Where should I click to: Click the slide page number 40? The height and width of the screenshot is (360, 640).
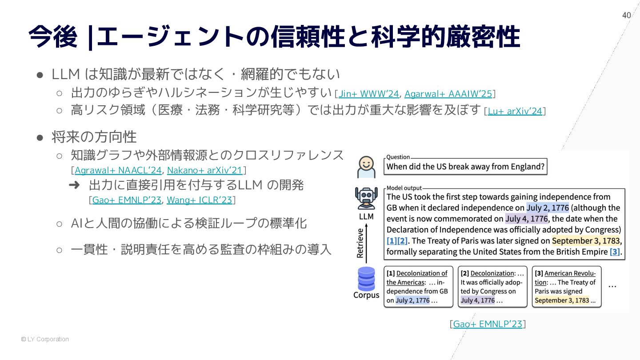pos(626,16)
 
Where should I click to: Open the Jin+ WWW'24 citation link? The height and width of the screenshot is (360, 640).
pos(368,94)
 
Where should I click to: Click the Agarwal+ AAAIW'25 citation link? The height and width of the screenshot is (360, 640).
pos(448,94)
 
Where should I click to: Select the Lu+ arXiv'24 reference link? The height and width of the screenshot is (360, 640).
pos(515,111)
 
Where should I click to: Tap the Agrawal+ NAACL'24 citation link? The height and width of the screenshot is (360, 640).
pos(118,170)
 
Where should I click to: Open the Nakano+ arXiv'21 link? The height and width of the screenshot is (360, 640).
pos(204,170)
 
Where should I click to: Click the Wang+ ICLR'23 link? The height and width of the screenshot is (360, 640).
pos(200,200)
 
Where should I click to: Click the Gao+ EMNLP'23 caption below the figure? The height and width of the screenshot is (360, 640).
pos(488,324)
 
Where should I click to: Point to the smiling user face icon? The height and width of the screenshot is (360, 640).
pos(366,167)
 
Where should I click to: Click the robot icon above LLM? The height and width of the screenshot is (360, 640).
pos(366,199)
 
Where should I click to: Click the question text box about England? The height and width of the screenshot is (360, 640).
pos(465,167)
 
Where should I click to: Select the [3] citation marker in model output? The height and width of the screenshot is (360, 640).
pos(615,252)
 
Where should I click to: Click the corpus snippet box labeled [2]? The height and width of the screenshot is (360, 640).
pos(492,287)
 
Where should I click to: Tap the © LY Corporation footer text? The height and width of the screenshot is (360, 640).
pos(45,339)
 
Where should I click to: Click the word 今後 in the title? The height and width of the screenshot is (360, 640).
pos(52,36)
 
